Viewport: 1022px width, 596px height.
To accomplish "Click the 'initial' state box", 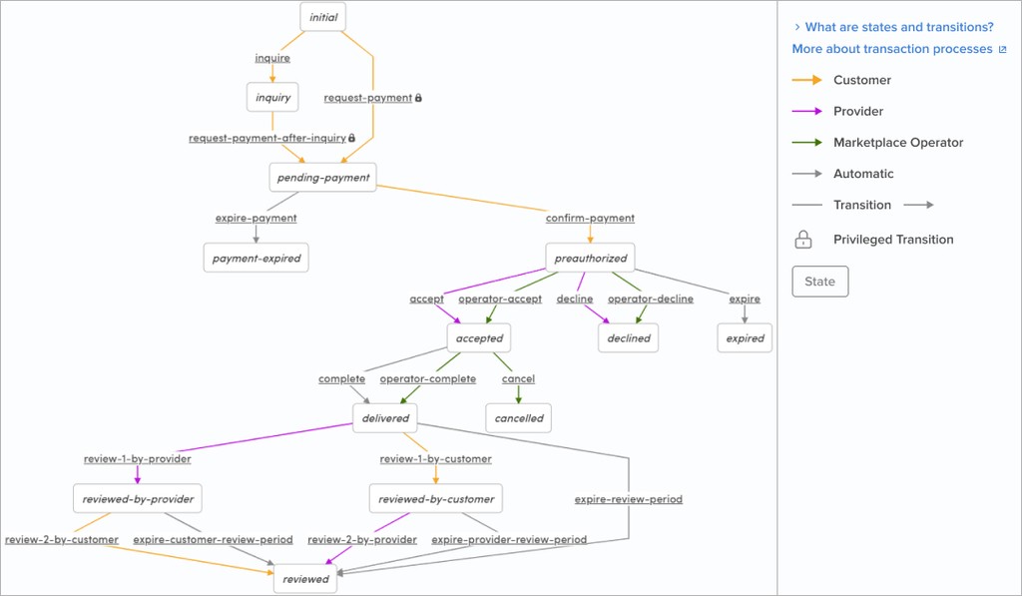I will (x=323, y=17).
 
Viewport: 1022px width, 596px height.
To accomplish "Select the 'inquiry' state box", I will (x=272, y=97).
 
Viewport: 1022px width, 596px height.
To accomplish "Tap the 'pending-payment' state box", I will (x=322, y=178).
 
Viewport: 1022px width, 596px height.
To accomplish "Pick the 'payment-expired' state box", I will (x=255, y=259).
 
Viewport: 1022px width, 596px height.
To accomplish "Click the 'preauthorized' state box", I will (x=590, y=259).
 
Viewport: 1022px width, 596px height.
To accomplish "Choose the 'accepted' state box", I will (x=479, y=338).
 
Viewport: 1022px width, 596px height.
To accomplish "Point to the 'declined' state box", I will (x=629, y=338).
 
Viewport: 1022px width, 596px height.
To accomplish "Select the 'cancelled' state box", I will (x=519, y=418).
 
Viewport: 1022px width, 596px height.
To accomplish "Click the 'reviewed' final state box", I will (x=305, y=579).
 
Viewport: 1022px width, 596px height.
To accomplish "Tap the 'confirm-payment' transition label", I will (x=590, y=218).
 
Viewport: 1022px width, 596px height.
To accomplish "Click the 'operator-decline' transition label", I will (x=650, y=298).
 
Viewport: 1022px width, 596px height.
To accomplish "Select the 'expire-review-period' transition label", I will (x=629, y=499).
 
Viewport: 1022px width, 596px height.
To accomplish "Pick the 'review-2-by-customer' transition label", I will (x=62, y=539).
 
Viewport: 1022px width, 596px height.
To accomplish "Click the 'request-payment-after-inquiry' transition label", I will (x=267, y=138).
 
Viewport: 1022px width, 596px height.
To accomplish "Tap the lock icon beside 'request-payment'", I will (x=418, y=98).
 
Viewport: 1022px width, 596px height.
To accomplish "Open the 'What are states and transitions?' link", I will (x=898, y=27).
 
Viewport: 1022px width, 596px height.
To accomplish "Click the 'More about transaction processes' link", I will (x=892, y=49).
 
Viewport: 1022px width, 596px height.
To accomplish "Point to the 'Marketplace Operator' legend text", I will (x=898, y=143).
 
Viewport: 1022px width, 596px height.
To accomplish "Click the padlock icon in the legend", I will (x=802, y=240).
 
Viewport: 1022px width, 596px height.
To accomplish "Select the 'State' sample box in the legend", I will (x=819, y=282).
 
